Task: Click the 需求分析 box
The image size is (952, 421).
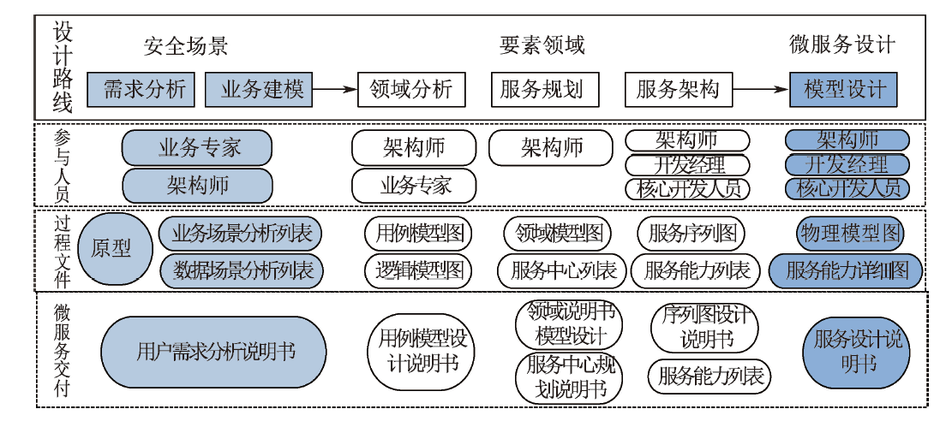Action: pos(141,90)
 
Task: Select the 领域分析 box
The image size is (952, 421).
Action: pos(411,90)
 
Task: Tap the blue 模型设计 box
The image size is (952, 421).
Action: pos(843,90)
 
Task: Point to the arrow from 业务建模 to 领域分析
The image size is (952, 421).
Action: pos(334,90)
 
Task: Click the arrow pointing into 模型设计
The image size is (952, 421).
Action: pos(761,90)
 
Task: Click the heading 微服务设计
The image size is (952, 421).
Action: pos(842,44)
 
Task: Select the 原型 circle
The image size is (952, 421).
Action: pos(114,249)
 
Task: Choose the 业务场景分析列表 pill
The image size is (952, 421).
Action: pos(241,234)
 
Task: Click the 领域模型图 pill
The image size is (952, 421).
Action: pos(558,234)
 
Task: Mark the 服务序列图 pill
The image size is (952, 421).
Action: pos(691,234)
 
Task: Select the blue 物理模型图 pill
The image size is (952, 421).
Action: pos(850,234)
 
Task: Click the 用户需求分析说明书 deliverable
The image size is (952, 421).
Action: pos(213,352)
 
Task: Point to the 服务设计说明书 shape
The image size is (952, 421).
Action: pos(858,352)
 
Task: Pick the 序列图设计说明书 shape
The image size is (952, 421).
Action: pos(704,326)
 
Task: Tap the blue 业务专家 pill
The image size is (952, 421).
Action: pos(197,148)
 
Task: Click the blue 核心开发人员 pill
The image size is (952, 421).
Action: pos(847,188)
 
